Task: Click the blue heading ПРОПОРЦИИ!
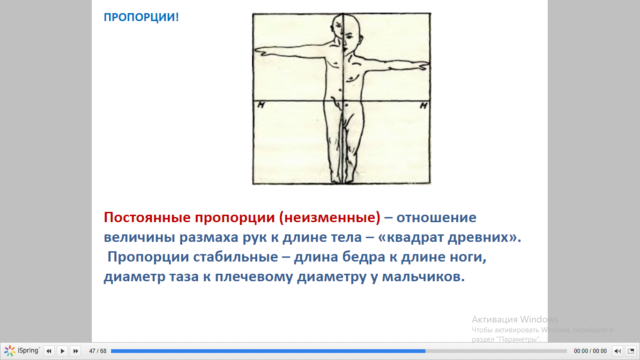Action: [141, 17]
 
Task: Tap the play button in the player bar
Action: [62, 351]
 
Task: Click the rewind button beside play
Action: [49, 351]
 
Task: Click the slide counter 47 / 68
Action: [98, 351]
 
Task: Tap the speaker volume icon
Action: [618, 351]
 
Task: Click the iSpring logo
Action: [22, 351]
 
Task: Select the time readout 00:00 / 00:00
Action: [590, 351]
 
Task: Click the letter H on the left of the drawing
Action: [261, 105]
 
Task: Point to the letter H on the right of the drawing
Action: [423, 106]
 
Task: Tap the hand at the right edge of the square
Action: [422, 66]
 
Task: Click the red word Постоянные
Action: [147, 217]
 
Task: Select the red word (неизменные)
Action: [330, 217]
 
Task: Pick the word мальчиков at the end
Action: [424, 277]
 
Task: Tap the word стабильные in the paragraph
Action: [235, 257]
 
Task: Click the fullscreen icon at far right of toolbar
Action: [631, 351]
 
